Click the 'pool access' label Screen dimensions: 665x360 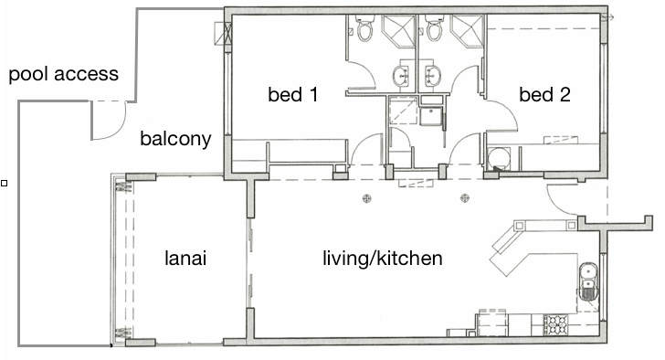[64, 74]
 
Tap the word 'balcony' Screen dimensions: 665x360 [175, 139]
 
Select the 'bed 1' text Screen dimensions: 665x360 [292, 94]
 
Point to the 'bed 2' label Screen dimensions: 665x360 [544, 94]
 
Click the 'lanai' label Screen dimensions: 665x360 [185, 258]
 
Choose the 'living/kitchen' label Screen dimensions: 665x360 [383, 259]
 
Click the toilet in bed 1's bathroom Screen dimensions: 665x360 [364, 27]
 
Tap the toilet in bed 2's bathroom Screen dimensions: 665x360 [435, 27]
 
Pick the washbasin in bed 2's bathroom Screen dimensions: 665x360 [433, 76]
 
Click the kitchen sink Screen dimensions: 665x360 [588, 281]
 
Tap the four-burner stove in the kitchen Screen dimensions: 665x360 [555, 324]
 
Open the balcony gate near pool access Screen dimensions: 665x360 [110, 126]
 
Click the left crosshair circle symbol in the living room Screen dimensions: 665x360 [367, 198]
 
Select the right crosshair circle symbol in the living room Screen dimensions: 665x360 [465, 197]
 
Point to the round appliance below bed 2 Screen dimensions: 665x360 [499, 158]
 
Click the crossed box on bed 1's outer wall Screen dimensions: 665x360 [224, 33]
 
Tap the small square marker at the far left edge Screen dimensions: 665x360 [5, 183]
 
